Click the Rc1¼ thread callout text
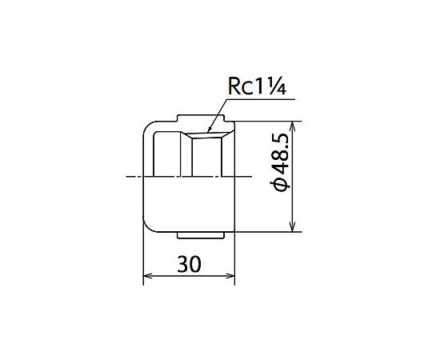(x=257, y=86)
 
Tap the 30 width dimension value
(x=190, y=264)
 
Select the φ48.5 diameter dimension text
(x=280, y=162)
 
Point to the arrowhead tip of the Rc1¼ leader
(x=207, y=133)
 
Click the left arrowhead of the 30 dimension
(x=144, y=275)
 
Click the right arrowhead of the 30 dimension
(x=234, y=275)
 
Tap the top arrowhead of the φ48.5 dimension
(x=293, y=122)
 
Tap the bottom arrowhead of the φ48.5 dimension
(x=293, y=231)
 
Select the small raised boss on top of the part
(x=201, y=118)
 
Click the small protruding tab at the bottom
(x=200, y=235)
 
